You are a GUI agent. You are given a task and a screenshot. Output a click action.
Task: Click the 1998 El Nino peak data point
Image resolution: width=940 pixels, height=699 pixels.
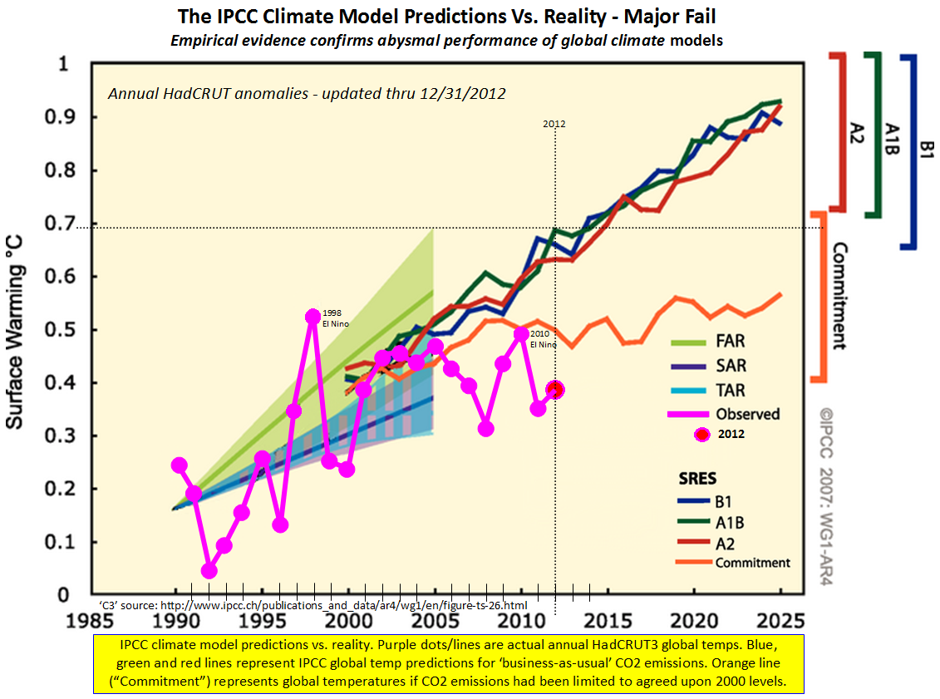313,317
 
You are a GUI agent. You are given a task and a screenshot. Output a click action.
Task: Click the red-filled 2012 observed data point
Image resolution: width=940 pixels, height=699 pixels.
555,389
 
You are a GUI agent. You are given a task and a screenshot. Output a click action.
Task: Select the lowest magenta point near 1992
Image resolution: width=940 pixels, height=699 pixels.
209,570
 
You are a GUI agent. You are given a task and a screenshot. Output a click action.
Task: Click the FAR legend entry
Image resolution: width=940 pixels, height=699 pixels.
729,341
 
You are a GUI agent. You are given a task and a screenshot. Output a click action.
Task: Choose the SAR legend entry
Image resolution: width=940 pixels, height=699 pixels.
729,366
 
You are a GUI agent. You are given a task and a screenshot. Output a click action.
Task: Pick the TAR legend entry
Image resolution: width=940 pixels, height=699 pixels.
729,390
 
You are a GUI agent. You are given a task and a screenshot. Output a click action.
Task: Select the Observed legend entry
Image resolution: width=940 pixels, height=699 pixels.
746,414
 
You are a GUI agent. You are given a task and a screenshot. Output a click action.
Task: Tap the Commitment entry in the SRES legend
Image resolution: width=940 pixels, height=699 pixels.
751,563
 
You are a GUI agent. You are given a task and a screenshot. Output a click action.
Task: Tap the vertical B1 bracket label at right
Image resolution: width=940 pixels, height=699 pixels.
928,150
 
